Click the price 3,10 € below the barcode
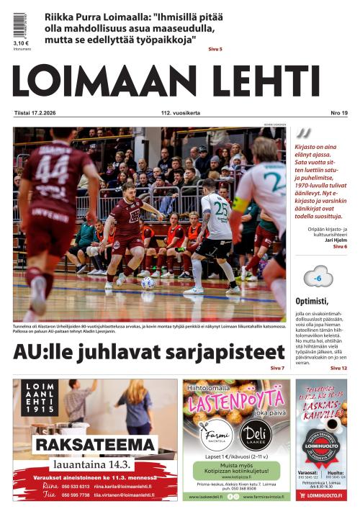point(21,44)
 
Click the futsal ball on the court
point(148,283)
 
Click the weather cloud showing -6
point(318,276)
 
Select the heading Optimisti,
point(312,301)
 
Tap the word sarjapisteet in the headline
point(230,352)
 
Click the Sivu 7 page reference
point(277,368)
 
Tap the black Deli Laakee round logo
point(256,435)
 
